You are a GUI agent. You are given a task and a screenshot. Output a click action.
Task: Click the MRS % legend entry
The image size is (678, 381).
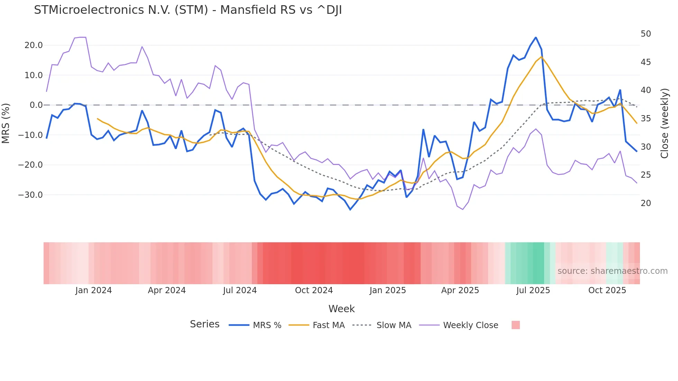(x=267, y=325)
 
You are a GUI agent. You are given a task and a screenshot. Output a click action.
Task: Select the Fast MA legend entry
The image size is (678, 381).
(x=328, y=325)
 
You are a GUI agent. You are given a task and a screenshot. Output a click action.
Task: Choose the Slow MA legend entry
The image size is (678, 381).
(x=394, y=325)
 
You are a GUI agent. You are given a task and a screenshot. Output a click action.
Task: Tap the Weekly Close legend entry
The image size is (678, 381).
(x=470, y=325)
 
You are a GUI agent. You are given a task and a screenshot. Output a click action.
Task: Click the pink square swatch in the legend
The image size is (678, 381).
(x=515, y=325)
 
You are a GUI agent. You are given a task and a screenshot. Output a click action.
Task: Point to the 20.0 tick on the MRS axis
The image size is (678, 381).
(x=34, y=45)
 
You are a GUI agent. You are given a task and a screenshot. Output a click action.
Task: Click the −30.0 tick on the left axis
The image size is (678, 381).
(x=30, y=195)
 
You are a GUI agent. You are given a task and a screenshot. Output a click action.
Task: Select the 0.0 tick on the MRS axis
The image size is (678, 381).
(x=36, y=105)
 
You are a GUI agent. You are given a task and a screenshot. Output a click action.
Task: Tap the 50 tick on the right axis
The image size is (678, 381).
(x=646, y=34)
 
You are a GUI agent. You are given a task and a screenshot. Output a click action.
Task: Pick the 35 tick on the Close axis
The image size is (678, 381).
(x=646, y=119)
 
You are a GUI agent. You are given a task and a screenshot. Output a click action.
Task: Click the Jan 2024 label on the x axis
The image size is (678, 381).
(x=93, y=290)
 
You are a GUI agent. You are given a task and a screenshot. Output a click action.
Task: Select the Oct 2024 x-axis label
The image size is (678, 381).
(x=314, y=290)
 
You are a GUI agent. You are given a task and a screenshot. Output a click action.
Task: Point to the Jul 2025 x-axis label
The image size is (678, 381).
(x=533, y=290)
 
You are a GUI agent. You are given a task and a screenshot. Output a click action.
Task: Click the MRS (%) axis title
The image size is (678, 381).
(x=6, y=123)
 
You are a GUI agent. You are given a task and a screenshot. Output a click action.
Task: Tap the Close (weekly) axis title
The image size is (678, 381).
(x=665, y=123)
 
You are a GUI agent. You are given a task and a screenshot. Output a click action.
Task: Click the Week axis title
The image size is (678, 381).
(x=341, y=309)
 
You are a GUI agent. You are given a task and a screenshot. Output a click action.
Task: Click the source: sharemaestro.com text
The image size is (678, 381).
(x=612, y=271)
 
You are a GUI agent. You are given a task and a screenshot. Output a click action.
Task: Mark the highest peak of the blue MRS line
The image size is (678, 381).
(x=535, y=37)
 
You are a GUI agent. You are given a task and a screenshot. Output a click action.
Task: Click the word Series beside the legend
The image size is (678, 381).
(x=204, y=324)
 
